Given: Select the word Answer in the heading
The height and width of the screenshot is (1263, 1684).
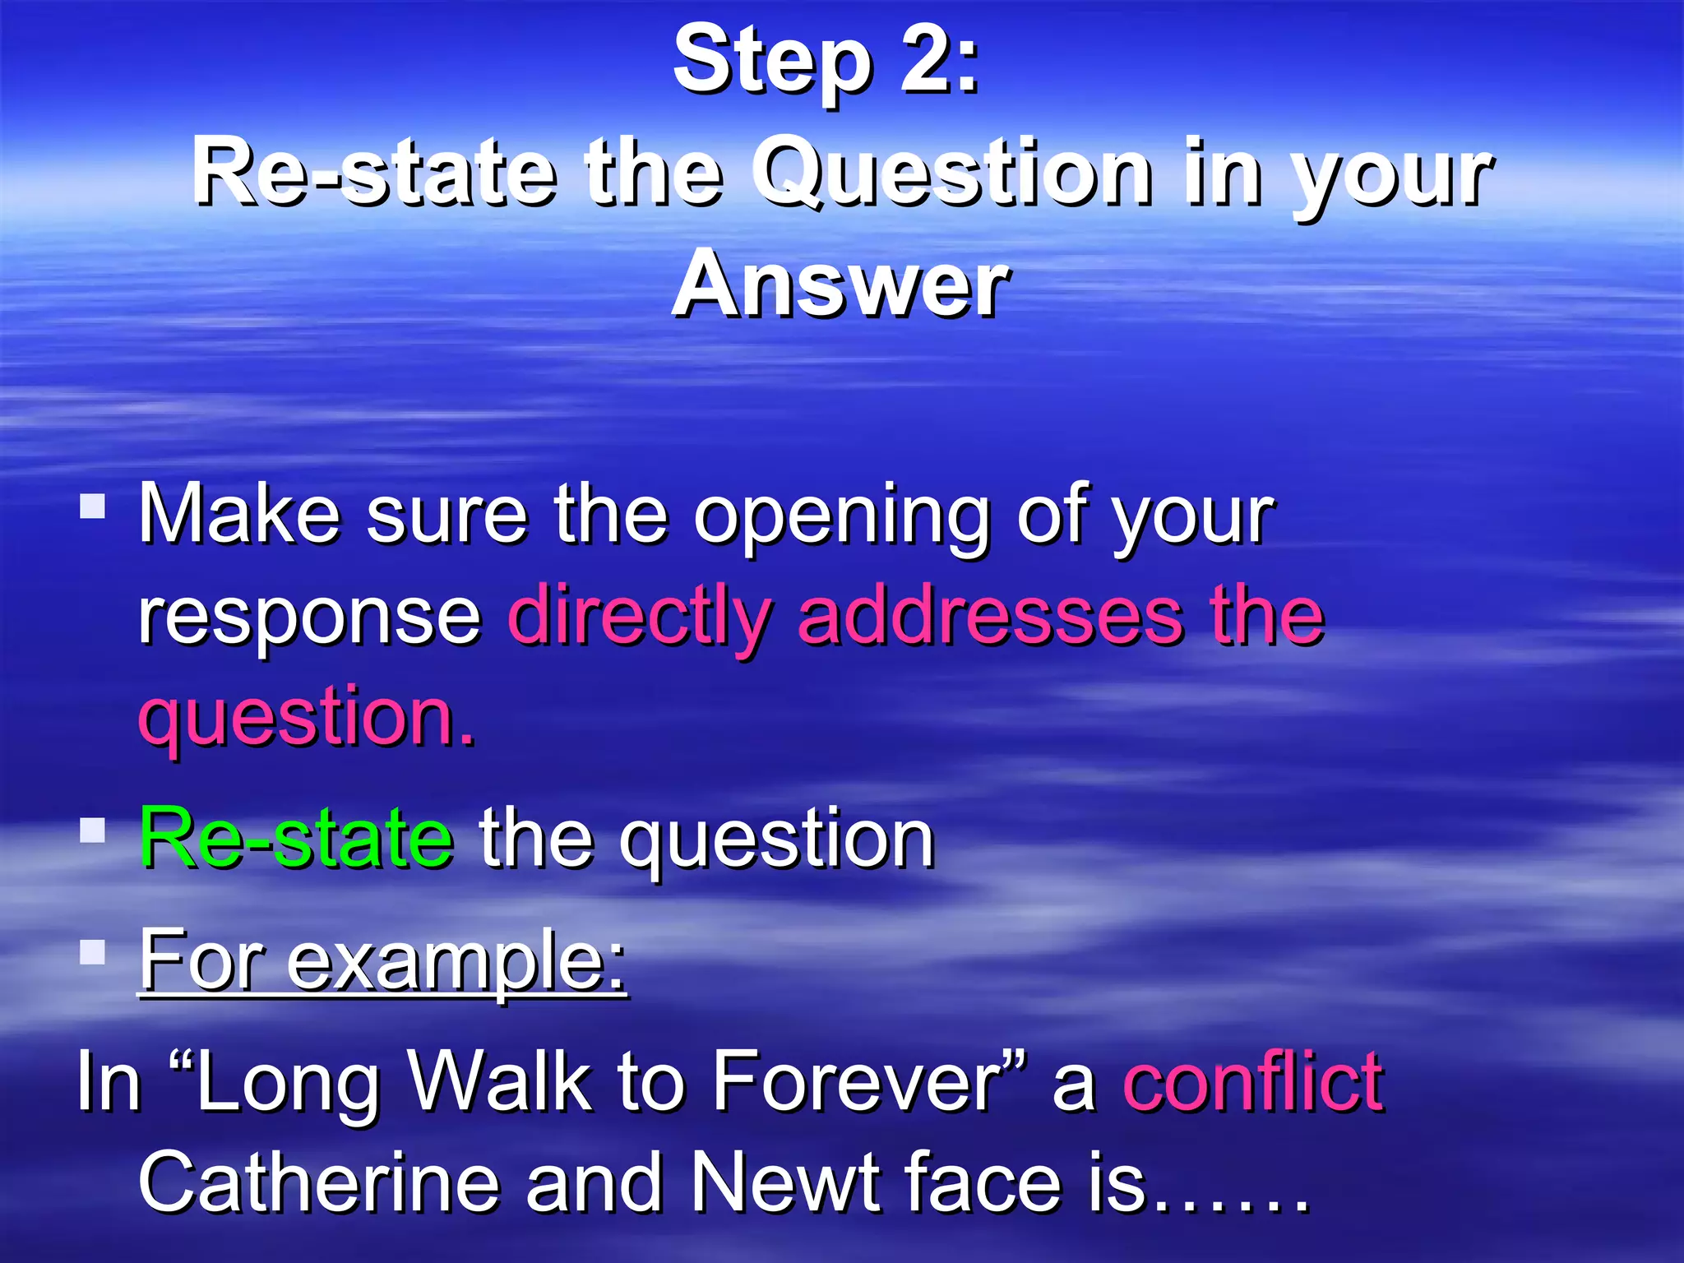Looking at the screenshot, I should tap(840, 285).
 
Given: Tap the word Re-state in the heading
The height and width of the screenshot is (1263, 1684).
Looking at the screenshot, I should tap(373, 173).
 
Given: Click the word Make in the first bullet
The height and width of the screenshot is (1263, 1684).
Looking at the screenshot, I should tap(238, 515).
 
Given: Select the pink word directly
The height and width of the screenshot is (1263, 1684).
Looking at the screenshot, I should tap(641, 618).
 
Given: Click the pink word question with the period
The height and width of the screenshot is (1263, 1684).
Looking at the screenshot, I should tap(307, 717).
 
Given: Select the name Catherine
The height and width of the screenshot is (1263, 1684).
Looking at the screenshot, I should tap(319, 1182).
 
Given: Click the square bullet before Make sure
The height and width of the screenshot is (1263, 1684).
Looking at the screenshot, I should tap(93, 506).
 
